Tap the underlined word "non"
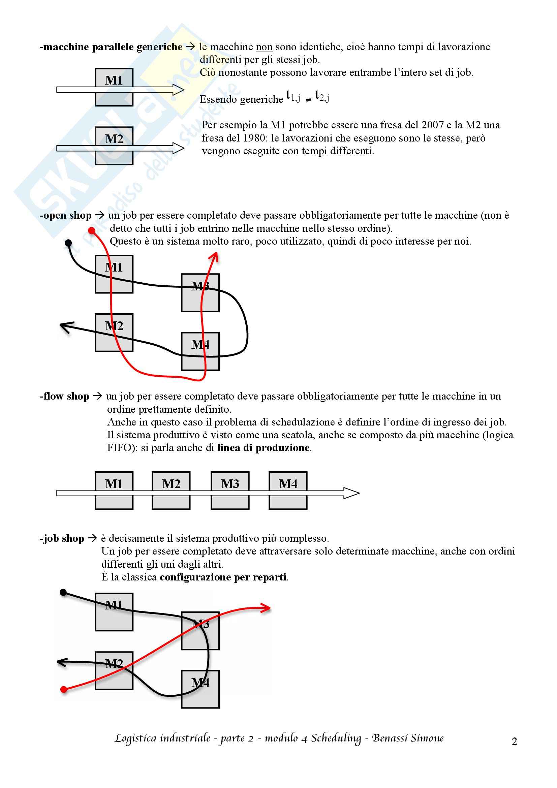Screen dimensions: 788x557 (x=264, y=47)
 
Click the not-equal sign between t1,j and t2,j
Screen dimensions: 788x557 (x=308, y=100)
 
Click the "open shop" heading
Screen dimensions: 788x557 (x=67, y=216)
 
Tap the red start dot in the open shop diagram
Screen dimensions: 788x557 (x=92, y=231)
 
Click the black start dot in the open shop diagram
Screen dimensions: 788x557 (x=68, y=243)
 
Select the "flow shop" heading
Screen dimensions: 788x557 (x=66, y=397)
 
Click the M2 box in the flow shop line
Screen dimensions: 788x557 (x=171, y=491)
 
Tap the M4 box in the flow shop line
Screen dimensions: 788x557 (x=288, y=491)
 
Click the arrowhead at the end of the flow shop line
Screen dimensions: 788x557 (x=352, y=493)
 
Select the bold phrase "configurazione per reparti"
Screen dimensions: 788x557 (x=223, y=577)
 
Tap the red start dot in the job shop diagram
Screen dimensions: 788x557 (x=63, y=690)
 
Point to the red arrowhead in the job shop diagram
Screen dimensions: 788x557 (x=266, y=608)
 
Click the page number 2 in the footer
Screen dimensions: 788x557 (x=514, y=741)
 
